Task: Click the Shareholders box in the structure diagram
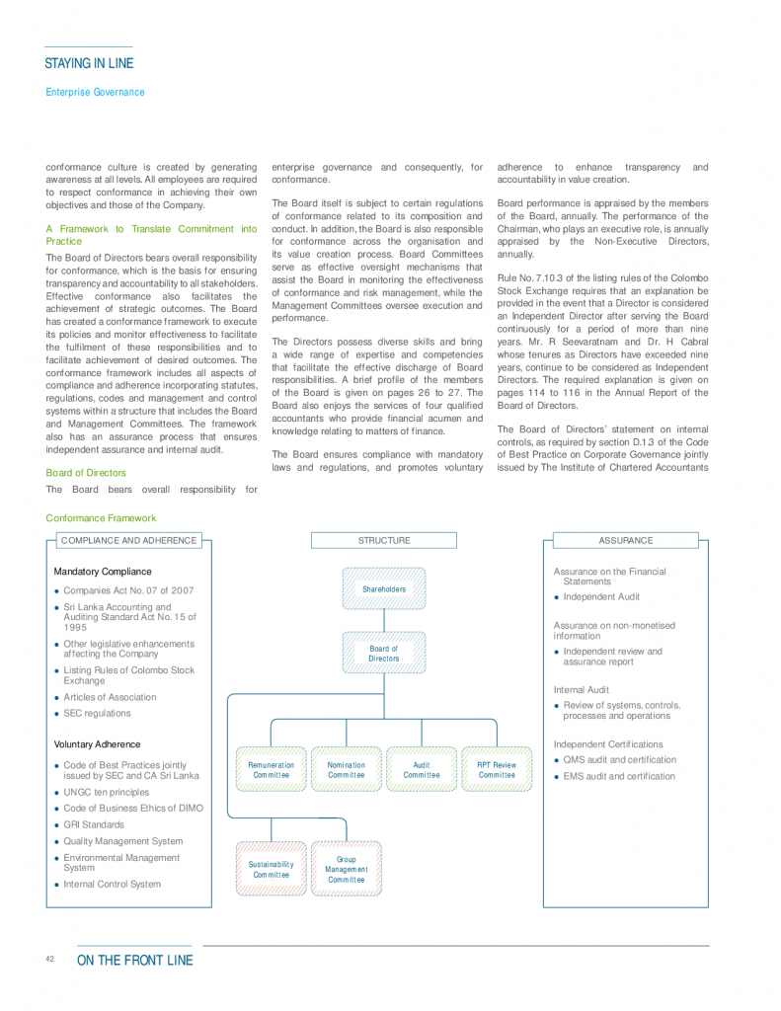pos(384,589)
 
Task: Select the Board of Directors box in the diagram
pos(384,654)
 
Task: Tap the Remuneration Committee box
pos(271,770)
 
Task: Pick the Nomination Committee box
pos(347,770)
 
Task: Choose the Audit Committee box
pos(422,770)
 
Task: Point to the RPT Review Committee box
pos(497,770)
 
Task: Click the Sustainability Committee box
pos(271,869)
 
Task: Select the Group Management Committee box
pos(347,869)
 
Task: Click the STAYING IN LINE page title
pos(89,64)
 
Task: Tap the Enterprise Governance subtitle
pos(95,92)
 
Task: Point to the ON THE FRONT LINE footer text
pos(135,961)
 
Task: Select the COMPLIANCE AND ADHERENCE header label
pos(128,541)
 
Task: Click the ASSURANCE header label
pos(626,541)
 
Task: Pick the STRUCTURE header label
pos(384,541)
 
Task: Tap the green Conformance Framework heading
pos(101,517)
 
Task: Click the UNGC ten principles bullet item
pos(107,792)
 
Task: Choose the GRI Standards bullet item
pos(94,824)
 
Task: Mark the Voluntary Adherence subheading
pos(97,744)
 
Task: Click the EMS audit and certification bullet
pos(619,776)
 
